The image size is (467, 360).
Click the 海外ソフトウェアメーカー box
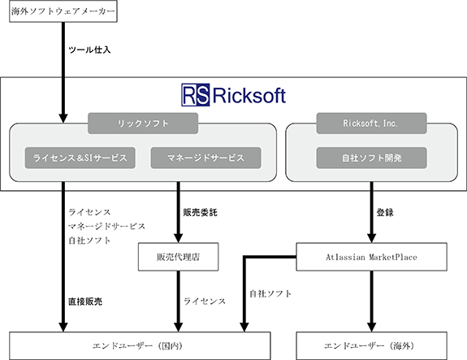(x=63, y=11)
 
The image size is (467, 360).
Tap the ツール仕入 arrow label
(x=89, y=50)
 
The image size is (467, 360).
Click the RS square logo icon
(x=196, y=95)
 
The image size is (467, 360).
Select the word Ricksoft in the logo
(x=249, y=96)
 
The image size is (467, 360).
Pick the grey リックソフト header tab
(x=143, y=123)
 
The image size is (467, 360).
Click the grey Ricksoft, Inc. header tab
(x=371, y=123)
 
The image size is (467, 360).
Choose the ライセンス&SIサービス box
(x=80, y=158)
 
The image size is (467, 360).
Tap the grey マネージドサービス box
(x=205, y=158)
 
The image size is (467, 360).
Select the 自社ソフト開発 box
(x=371, y=158)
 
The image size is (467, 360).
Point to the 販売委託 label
(x=200, y=212)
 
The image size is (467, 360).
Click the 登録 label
(x=385, y=212)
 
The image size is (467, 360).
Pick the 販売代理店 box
(x=178, y=257)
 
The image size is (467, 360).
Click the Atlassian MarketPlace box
(x=371, y=257)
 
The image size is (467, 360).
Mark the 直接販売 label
(x=85, y=301)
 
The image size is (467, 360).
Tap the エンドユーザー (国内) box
(x=140, y=345)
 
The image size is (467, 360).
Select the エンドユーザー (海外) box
(x=371, y=345)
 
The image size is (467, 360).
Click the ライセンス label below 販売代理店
(x=205, y=301)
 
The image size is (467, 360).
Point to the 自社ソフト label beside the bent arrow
(x=270, y=294)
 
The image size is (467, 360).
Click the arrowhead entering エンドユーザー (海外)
(x=371, y=327)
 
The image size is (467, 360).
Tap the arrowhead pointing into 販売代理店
(x=178, y=238)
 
